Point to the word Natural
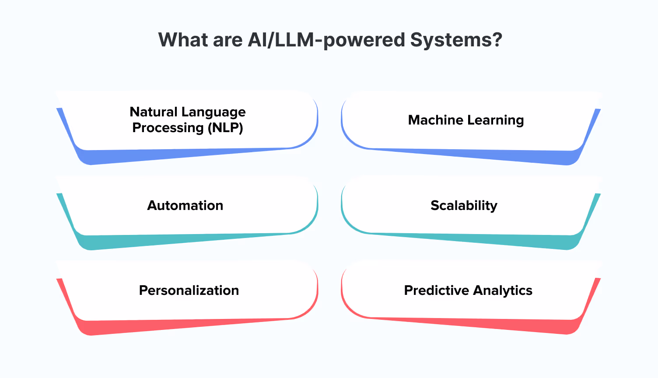[x=154, y=112]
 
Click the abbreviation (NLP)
[x=225, y=128]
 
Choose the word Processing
[x=168, y=128]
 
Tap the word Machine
[x=435, y=120]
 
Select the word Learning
[x=496, y=120]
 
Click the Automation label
[x=185, y=205]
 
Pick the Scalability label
[x=464, y=205]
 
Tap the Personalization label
[x=189, y=290]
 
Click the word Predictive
[x=436, y=290]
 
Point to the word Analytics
[x=503, y=290]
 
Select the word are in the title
[x=227, y=40]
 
